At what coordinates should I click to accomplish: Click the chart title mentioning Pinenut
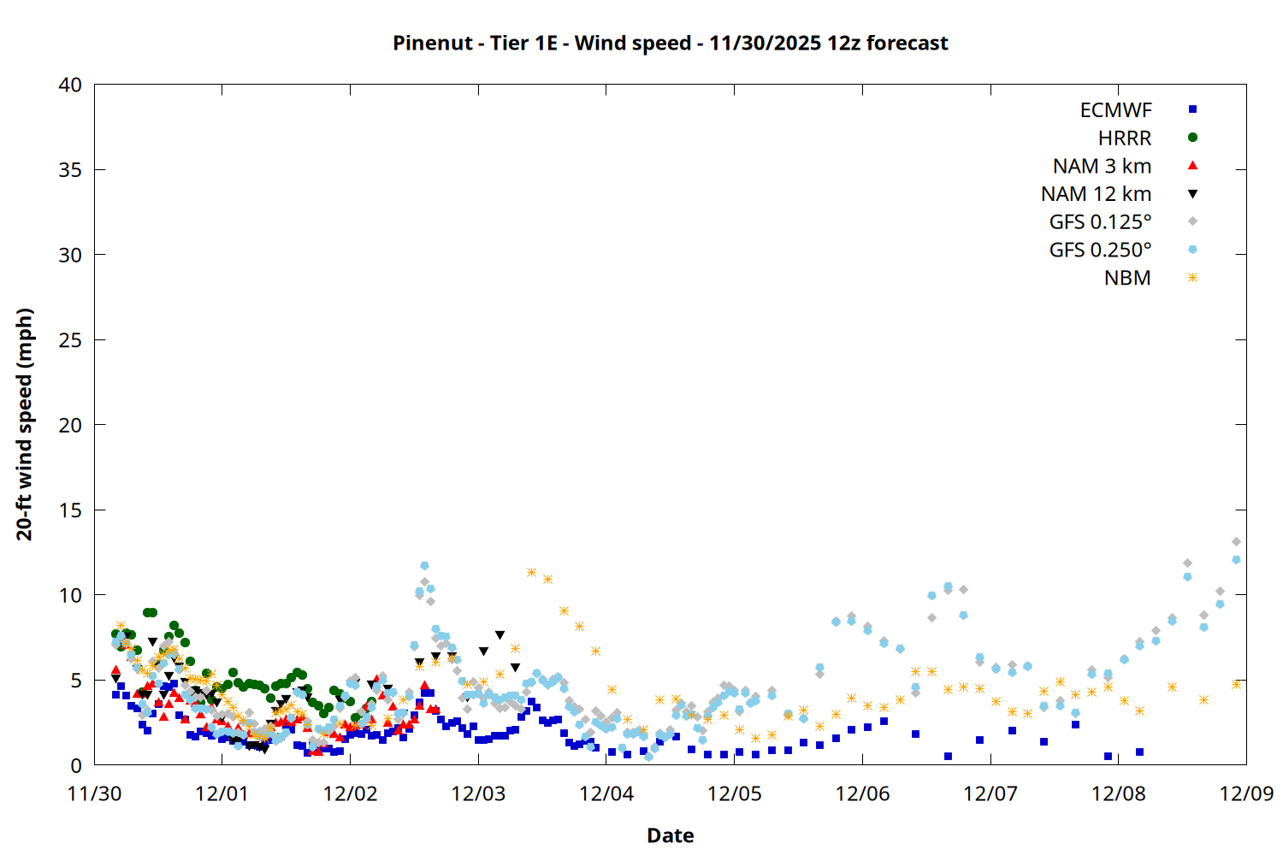point(670,43)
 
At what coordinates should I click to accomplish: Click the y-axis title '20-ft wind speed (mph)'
point(25,424)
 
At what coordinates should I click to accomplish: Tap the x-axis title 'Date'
point(670,835)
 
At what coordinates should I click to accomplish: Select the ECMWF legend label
point(1115,110)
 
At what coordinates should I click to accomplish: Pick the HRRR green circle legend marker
point(1192,138)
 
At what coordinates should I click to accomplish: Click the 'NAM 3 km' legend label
point(1102,166)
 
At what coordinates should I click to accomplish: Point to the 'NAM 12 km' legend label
point(1096,194)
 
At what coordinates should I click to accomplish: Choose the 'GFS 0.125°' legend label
point(1100,222)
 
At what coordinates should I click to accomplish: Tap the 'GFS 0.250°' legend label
point(1100,251)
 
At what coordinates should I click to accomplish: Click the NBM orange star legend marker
point(1192,278)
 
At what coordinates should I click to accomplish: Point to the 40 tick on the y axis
point(70,85)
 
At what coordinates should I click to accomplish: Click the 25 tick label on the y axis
point(70,339)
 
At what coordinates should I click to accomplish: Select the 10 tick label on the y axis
point(70,595)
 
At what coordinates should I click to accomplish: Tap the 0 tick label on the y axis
point(76,765)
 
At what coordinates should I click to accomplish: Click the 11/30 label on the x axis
point(94,793)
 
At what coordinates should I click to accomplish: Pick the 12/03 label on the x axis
point(478,793)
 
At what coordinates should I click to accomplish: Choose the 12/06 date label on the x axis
point(862,793)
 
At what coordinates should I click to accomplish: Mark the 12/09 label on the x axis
point(1246,793)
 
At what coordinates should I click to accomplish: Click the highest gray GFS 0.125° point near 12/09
point(1236,541)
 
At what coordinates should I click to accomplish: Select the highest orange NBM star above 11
point(531,572)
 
